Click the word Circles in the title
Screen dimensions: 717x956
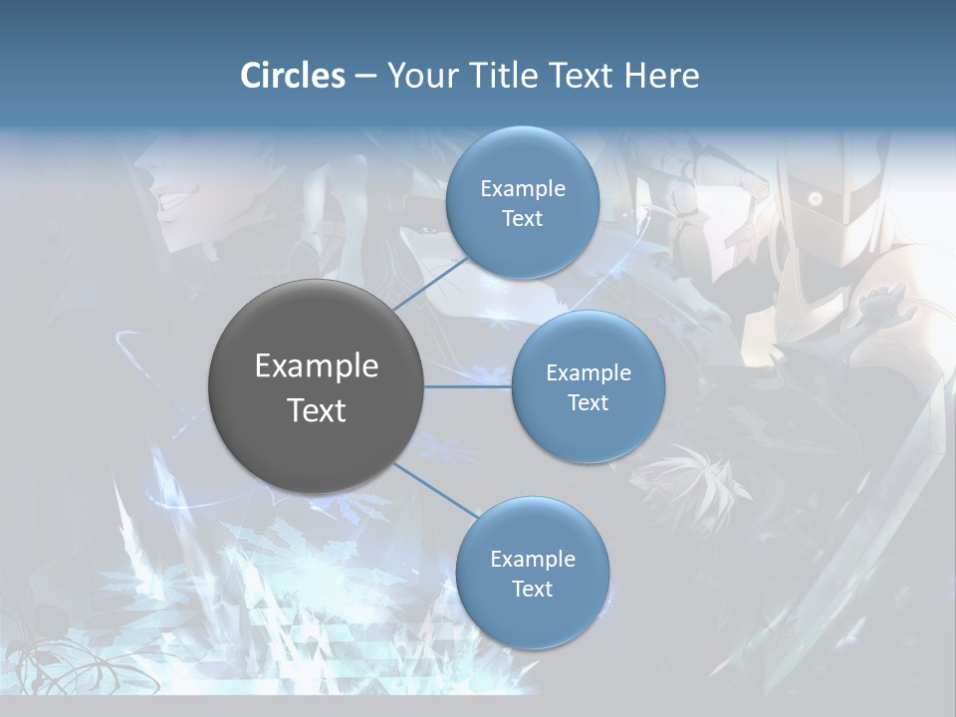(x=293, y=76)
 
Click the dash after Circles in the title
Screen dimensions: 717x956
(x=364, y=77)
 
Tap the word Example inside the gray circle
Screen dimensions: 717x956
(x=317, y=365)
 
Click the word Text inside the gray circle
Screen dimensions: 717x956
(x=317, y=410)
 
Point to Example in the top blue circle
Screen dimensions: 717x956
(x=522, y=189)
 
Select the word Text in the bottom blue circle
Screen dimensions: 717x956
(x=532, y=589)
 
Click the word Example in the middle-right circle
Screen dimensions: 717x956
(x=588, y=373)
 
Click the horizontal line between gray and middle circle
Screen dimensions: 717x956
(x=467, y=386)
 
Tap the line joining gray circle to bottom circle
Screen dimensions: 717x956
(x=434, y=491)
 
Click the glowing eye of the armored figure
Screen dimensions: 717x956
(x=815, y=199)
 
